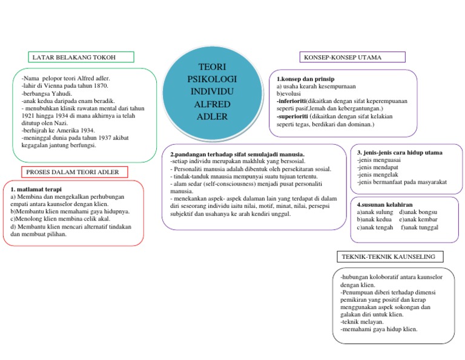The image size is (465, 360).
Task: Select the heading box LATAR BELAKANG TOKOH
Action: pyautogui.click(x=81, y=58)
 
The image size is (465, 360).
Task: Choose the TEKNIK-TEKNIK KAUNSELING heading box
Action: pyautogui.click(x=389, y=258)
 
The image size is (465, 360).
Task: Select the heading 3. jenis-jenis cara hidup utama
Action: pyautogui.click(x=400, y=153)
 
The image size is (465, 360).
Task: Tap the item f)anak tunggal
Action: pyautogui.click(x=420, y=228)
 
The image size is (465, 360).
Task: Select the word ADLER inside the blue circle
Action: pyautogui.click(x=212, y=116)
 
